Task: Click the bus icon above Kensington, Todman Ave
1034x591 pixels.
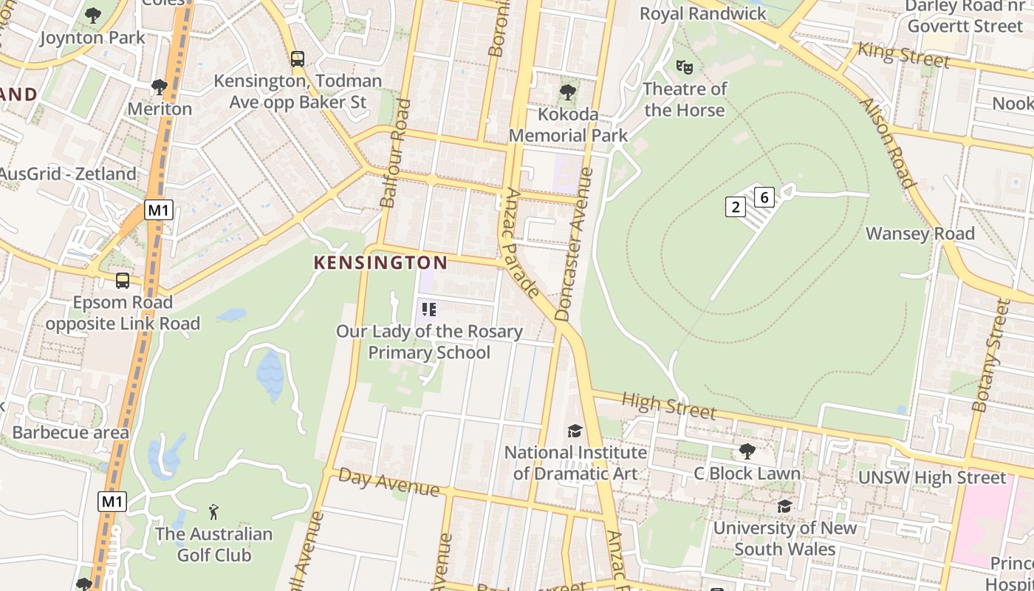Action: coord(298,59)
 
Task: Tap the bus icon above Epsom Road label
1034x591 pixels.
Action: coord(123,281)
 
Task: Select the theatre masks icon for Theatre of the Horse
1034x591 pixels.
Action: coord(685,67)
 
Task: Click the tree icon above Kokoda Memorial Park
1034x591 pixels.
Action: coord(567,92)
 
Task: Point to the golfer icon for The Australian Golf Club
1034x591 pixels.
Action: coord(213,511)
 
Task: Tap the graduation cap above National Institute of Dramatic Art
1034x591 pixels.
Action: coord(575,431)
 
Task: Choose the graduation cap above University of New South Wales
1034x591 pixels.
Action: coord(784,506)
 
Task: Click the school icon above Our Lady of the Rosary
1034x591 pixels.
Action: coord(429,310)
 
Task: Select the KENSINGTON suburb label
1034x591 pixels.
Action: coord(380,262)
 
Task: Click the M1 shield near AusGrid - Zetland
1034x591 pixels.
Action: coord(158,210)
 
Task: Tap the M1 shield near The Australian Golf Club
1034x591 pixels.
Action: coord(112,502)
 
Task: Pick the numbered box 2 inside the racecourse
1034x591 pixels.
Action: coord(735,207)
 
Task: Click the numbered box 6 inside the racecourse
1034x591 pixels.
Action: coord(764,197)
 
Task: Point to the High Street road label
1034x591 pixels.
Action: coord(668,406)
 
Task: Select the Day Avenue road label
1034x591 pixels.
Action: coord(388,483)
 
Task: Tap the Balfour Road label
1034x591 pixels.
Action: coord(394,153)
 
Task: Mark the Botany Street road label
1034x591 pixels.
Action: coord(990,355)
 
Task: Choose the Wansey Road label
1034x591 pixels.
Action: coord(920,233)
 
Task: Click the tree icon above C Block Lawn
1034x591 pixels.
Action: coord(747,451)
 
